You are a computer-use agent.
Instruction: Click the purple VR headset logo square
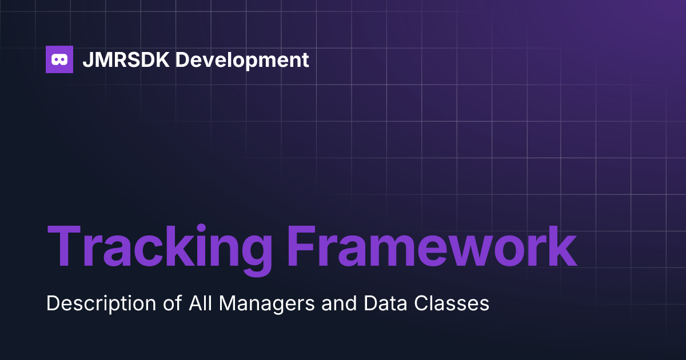[x=59, y=59]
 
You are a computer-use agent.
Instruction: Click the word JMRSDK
[x=126, y=59]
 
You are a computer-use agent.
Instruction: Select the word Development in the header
[x=242, y=61]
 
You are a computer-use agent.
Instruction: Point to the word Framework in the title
[x=432, y=246]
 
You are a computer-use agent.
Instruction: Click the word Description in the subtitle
[x=101, y=303]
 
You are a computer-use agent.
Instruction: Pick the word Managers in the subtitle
[x=267, y=304]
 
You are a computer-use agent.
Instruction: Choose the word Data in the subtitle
[x=385, y=303]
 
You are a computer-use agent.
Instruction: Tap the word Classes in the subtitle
[x=452, y=303]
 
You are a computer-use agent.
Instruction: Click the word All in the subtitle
[x=200, y=303]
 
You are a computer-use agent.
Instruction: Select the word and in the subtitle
[x=339, y=303]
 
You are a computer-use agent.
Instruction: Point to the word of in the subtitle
[x=173, y=303]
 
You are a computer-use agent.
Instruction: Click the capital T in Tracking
[x=63, y=246]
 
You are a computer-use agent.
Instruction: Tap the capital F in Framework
[x=301, y=246]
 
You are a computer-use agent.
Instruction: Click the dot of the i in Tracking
[x=201, y=229]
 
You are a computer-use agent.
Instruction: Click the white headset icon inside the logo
[x=59, y=59]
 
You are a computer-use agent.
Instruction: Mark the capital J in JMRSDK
[x=88, y=59]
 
